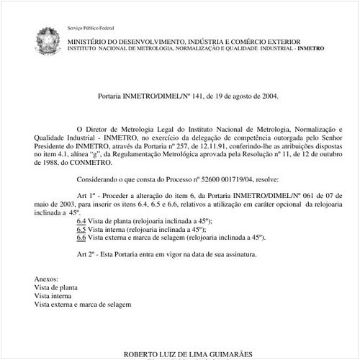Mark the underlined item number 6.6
click(81, 236)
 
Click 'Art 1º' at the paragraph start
click(86, 195)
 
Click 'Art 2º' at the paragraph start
click(86, 254)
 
